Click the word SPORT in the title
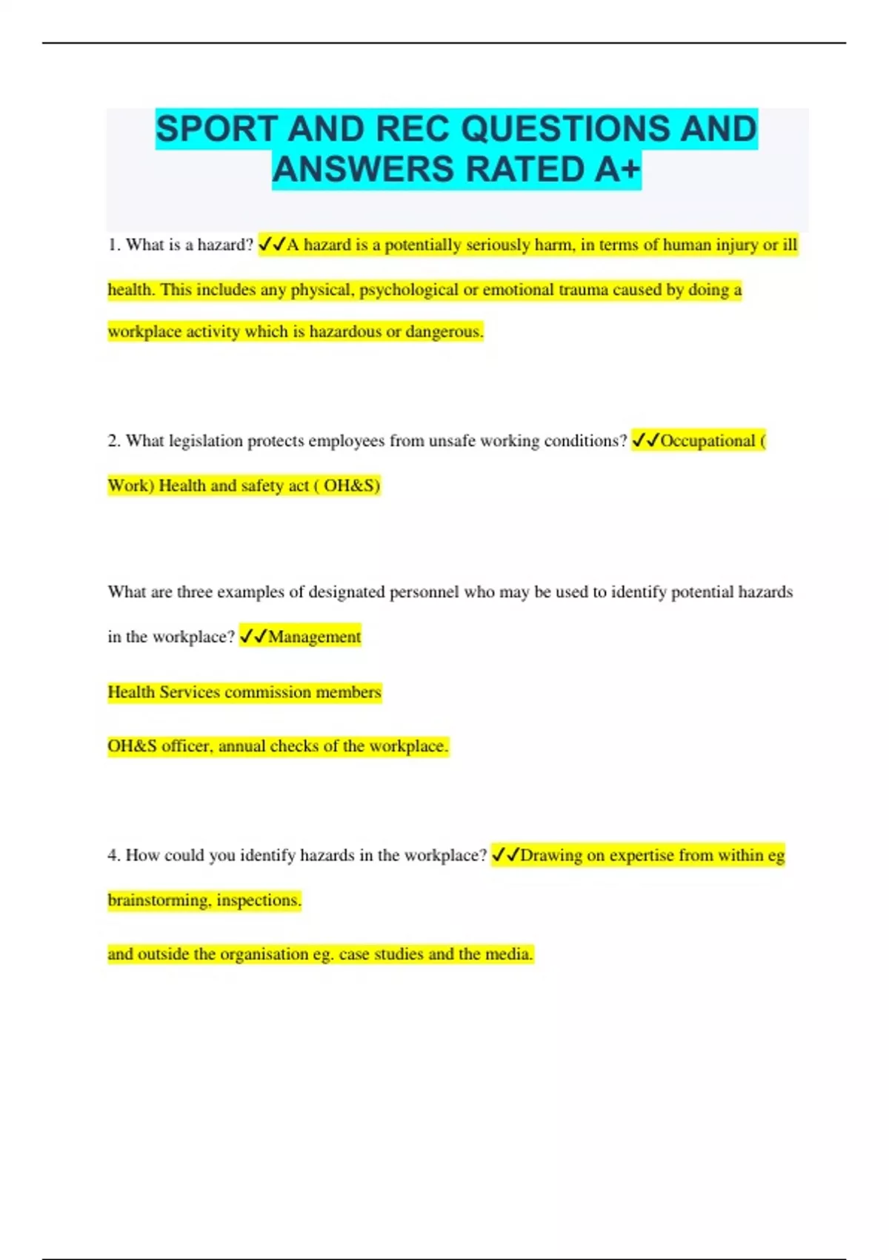tap(216, 129)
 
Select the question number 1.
tap(113, 245)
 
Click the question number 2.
tap(113, 441)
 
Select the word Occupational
tap(707, 441)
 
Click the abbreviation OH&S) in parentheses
tap(352, 485)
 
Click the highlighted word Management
tap(315, 637)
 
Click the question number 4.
tap(113, 855)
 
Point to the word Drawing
tap(551, 855)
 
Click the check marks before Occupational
tap(645, 441)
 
